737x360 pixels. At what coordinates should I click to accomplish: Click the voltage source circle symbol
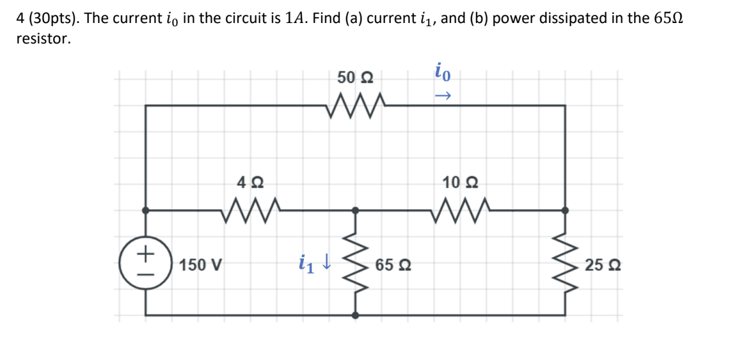(147, 263)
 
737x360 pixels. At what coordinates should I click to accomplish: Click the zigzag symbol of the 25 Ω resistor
(565, 263)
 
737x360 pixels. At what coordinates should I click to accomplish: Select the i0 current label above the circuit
(443, 72)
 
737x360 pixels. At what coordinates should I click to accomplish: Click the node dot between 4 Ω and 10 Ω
(356, 210)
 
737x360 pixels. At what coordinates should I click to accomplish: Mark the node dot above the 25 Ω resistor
(565, 210)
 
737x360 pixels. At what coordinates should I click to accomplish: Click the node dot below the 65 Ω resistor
(356, 315)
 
